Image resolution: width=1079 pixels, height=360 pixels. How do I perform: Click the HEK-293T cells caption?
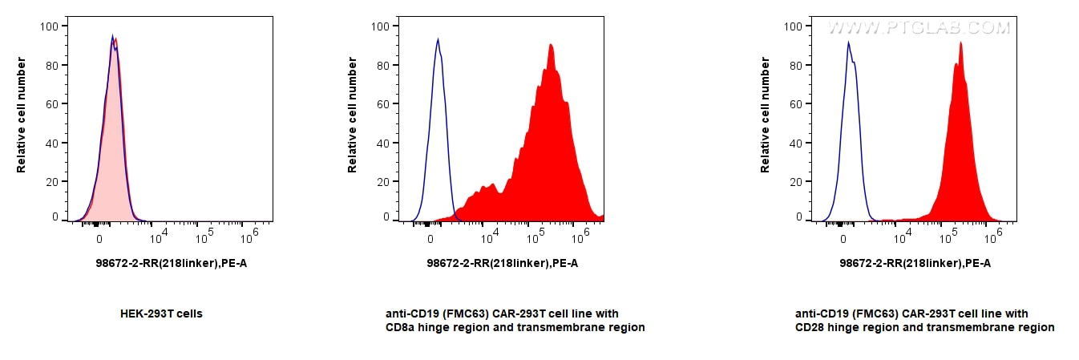point(161,313)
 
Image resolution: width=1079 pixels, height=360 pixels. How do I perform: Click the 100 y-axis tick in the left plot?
point(48,26)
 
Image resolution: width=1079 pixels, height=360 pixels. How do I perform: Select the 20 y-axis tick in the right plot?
point(795,181)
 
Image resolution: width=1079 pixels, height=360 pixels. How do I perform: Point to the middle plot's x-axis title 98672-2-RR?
point(502,263)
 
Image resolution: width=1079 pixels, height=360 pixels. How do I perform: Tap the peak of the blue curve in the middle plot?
point(437,39)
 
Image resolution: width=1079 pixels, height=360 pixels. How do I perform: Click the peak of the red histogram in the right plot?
point(960,43)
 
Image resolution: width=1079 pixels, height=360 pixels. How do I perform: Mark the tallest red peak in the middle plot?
point(551,45)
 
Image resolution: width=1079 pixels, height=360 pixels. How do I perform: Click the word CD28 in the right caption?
point(810,327)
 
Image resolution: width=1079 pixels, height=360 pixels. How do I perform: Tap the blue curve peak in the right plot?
point(849,42)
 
